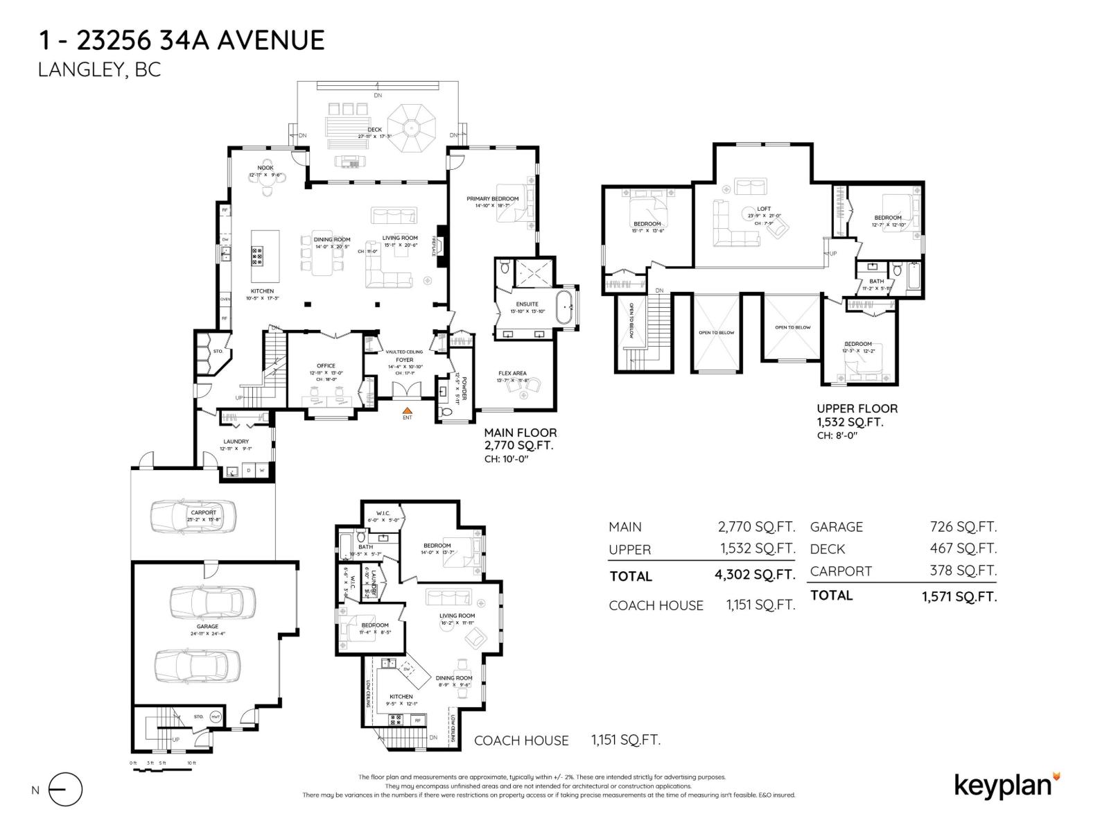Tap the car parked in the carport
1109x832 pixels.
click(x=193, y=515)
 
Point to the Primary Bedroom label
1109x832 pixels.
click(x=492, y=199)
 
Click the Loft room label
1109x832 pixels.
click(x=763, y=209)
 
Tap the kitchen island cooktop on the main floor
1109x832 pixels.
click(x=257, y=257)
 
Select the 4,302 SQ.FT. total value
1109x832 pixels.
click(x=755, y=575)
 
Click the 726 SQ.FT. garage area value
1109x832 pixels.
click(x=963, y=527)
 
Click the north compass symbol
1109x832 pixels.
click(x=66, y=790)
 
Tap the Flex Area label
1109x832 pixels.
click(x=512, y=373)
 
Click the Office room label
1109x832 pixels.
click(x=326, y=365)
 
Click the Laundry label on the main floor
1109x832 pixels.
click(x=236, y=442)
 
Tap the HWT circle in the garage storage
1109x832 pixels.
click(x=216, y=717)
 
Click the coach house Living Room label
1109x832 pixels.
click(x=457, y=616)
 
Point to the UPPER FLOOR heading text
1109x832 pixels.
click(x=857, y=408)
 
